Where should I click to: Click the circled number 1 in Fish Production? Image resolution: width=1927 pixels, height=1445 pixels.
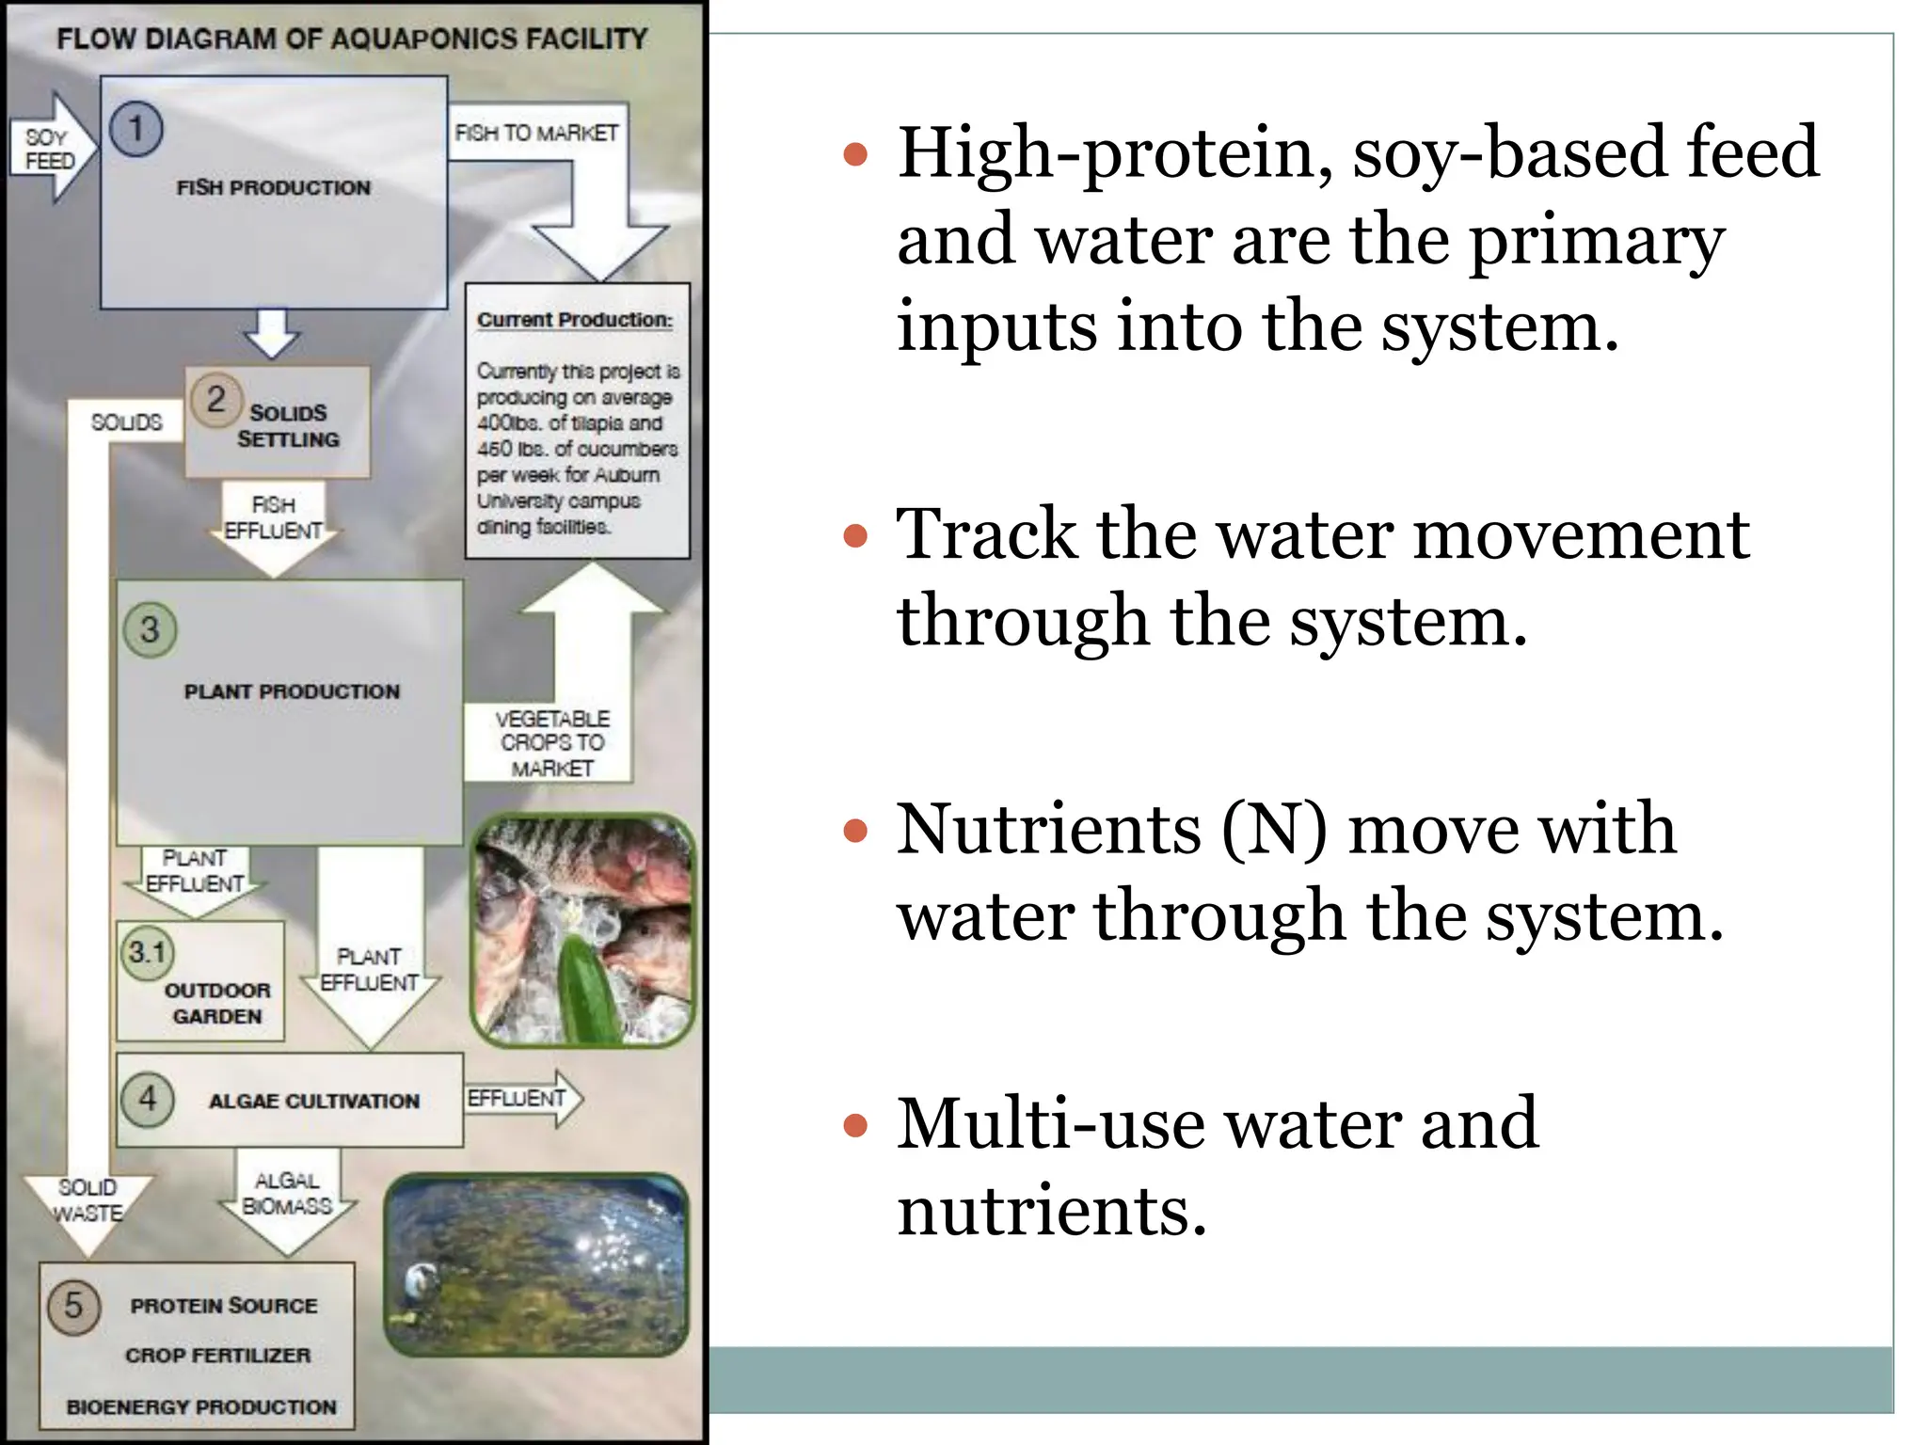[x=136, y=129]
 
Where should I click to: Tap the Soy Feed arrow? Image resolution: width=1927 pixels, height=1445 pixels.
[x=52, y=149]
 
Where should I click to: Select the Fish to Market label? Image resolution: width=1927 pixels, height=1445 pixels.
[x=536, y=133]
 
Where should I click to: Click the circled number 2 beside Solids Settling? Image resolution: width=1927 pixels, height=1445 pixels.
[x=216, y=399]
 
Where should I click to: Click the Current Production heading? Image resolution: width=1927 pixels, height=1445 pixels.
[x=574, y=320]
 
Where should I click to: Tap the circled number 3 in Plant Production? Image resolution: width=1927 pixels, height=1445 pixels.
[x=150, y=629]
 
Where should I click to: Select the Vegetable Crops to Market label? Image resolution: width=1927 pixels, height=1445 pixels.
[x=552, y=743]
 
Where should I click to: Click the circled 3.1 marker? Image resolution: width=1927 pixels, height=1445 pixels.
[x=148, y=952]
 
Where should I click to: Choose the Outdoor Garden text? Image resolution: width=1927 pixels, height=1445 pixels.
[x=217, y=1003]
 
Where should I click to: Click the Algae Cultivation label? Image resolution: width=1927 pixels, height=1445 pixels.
[x=314, y=1101]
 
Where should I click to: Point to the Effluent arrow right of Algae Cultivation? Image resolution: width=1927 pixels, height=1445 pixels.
[x=522, y=1099]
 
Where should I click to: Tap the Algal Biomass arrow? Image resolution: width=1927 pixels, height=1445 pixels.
[x=287, y=1199]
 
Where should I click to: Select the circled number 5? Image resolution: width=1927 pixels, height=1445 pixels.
[x=73, y=1306]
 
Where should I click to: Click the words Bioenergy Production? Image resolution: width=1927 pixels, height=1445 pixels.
[x=201, y=1406]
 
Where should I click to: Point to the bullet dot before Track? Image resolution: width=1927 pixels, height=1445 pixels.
[x=854, y=536]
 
